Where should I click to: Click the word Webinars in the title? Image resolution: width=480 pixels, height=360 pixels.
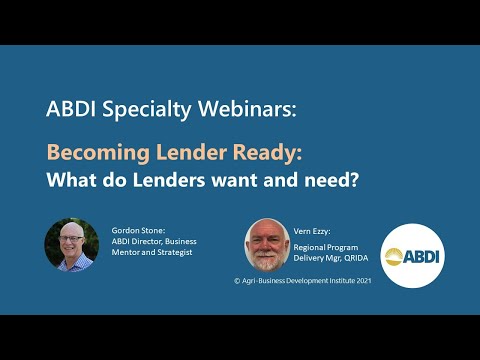pos(248,110)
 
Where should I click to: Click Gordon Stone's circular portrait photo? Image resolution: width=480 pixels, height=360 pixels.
pos(71,244)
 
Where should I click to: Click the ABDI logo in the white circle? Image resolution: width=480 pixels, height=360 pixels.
pos(409,255)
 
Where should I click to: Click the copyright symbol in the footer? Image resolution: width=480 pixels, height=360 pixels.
pos(237,282)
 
